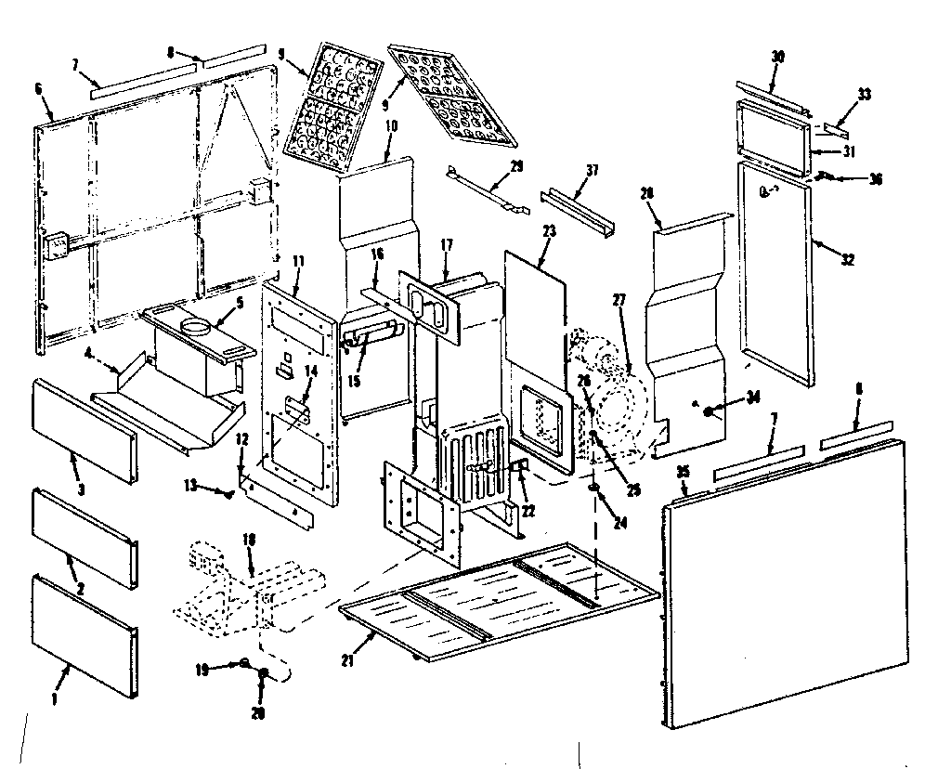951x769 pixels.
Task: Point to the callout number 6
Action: [x=38, y=88]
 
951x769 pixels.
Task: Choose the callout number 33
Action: [x=865, y=95]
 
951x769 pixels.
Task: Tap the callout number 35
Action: [x=684, y=473]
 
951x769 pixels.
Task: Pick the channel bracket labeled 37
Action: [x=576, y=213]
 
